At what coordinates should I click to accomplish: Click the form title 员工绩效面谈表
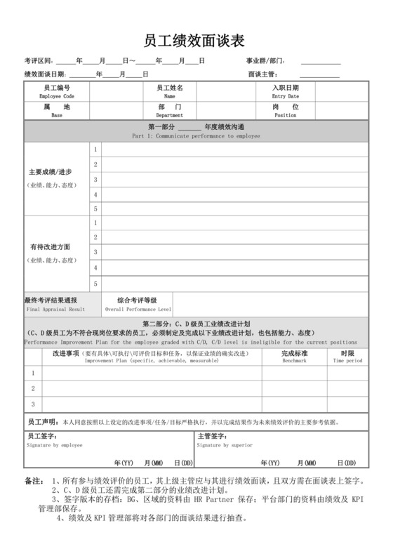[195, 41]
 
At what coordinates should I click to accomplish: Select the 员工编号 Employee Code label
[57, 91]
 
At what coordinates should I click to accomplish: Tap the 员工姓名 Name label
[169, 91]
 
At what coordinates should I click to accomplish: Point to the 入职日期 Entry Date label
[285, 91]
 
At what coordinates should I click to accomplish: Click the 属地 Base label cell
[57, 110]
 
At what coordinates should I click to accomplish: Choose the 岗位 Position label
[285, 110]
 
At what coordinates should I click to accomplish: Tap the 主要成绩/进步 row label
[50, 172]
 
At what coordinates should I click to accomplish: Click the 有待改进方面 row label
[50, 247]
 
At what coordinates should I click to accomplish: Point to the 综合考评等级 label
[137, 300]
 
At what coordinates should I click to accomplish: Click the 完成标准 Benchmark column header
[294, 354]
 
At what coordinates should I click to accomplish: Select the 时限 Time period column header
[347, 354]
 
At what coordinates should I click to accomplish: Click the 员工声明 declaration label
[42, 423]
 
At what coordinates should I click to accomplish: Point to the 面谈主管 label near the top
[262, 74]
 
